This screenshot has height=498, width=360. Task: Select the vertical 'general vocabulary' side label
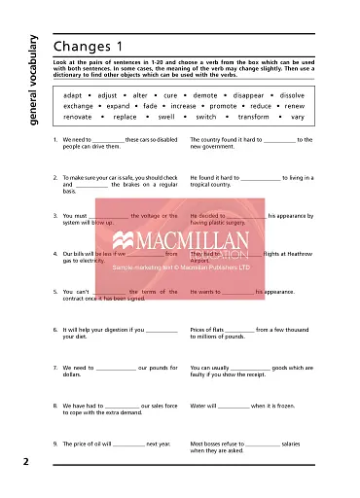[32, 83]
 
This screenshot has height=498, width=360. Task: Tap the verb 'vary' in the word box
[297, 117]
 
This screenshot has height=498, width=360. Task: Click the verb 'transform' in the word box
[253, 117]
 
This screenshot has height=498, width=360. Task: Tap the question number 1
[54, 140]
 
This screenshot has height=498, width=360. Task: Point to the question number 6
[54, 330]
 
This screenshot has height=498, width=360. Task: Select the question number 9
[54, 444]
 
